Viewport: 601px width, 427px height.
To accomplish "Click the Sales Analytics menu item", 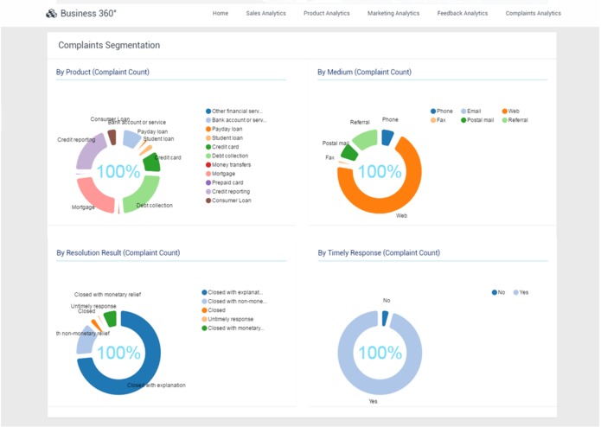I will (266, 13).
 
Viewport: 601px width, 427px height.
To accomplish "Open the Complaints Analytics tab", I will (533, 13).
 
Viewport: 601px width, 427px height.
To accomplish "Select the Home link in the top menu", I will (221, 13).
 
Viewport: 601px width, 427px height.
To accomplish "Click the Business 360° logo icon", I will (51, 13).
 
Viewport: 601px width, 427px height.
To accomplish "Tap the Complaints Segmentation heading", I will (109, 45).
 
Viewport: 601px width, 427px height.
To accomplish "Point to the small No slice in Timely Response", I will (385, 318).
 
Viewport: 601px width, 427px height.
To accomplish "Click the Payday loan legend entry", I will (227, 129).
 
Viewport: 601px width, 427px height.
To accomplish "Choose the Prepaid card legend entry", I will (227, 182).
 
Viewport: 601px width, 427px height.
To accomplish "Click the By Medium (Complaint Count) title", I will (364, 73).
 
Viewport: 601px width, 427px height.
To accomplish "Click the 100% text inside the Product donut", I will (118, 171).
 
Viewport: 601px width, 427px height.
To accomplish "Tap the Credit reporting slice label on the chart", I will (76, 139).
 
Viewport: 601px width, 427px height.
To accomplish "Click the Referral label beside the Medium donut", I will (360, 123).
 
